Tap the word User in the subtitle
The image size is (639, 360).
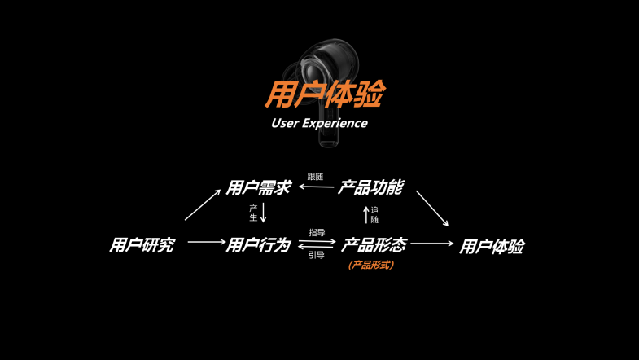(x=284, y=124)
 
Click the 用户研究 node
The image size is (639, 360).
(x=142, y=244)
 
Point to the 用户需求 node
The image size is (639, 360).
(x=258, y=187)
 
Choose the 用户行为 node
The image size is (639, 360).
(x=258, y=244)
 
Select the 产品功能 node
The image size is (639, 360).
(x=370, y=187)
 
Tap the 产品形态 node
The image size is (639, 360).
(x=374, y=244)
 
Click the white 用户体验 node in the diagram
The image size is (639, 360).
(x=491, y=246)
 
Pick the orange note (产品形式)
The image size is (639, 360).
(x=370, y=265)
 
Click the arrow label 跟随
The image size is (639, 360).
(x=315, y=176)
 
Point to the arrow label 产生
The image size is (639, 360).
(x=253, y=213)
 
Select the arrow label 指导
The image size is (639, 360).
(x=317, y=232)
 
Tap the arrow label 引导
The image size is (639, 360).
(x=317, y=255)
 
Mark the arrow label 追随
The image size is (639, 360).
(x=374, y=215)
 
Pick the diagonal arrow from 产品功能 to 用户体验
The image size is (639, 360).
(x=432, y=208)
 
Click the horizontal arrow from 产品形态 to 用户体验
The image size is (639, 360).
(x=432, y=243)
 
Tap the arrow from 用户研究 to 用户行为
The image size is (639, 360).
(x=206, y=242)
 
